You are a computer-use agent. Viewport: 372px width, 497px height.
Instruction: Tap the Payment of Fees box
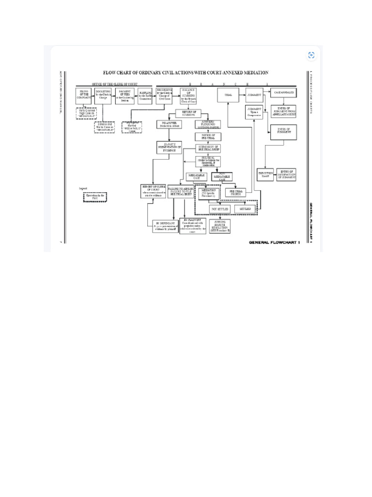click(124, 96)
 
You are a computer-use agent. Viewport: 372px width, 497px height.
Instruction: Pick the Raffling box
click(145, 96)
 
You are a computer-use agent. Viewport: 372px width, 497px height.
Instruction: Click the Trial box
click(228, 95)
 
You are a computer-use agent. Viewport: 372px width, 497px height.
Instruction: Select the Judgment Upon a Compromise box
click(255, 112)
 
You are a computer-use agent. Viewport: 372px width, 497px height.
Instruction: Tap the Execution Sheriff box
click(265, 175)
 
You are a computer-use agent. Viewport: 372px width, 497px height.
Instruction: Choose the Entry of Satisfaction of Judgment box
click(286, 175)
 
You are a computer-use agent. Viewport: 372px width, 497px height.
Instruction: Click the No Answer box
click(169, 125)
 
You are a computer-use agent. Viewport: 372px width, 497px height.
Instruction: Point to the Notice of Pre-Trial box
click(208, 136)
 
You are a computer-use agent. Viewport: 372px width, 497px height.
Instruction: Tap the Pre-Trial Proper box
click(236, 192)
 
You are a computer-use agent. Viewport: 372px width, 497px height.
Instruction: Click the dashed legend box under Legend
click(95, 197)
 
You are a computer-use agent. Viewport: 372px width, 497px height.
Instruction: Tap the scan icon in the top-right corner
click(311, 56)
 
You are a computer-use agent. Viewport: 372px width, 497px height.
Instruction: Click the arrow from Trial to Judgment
click(241, 95)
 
